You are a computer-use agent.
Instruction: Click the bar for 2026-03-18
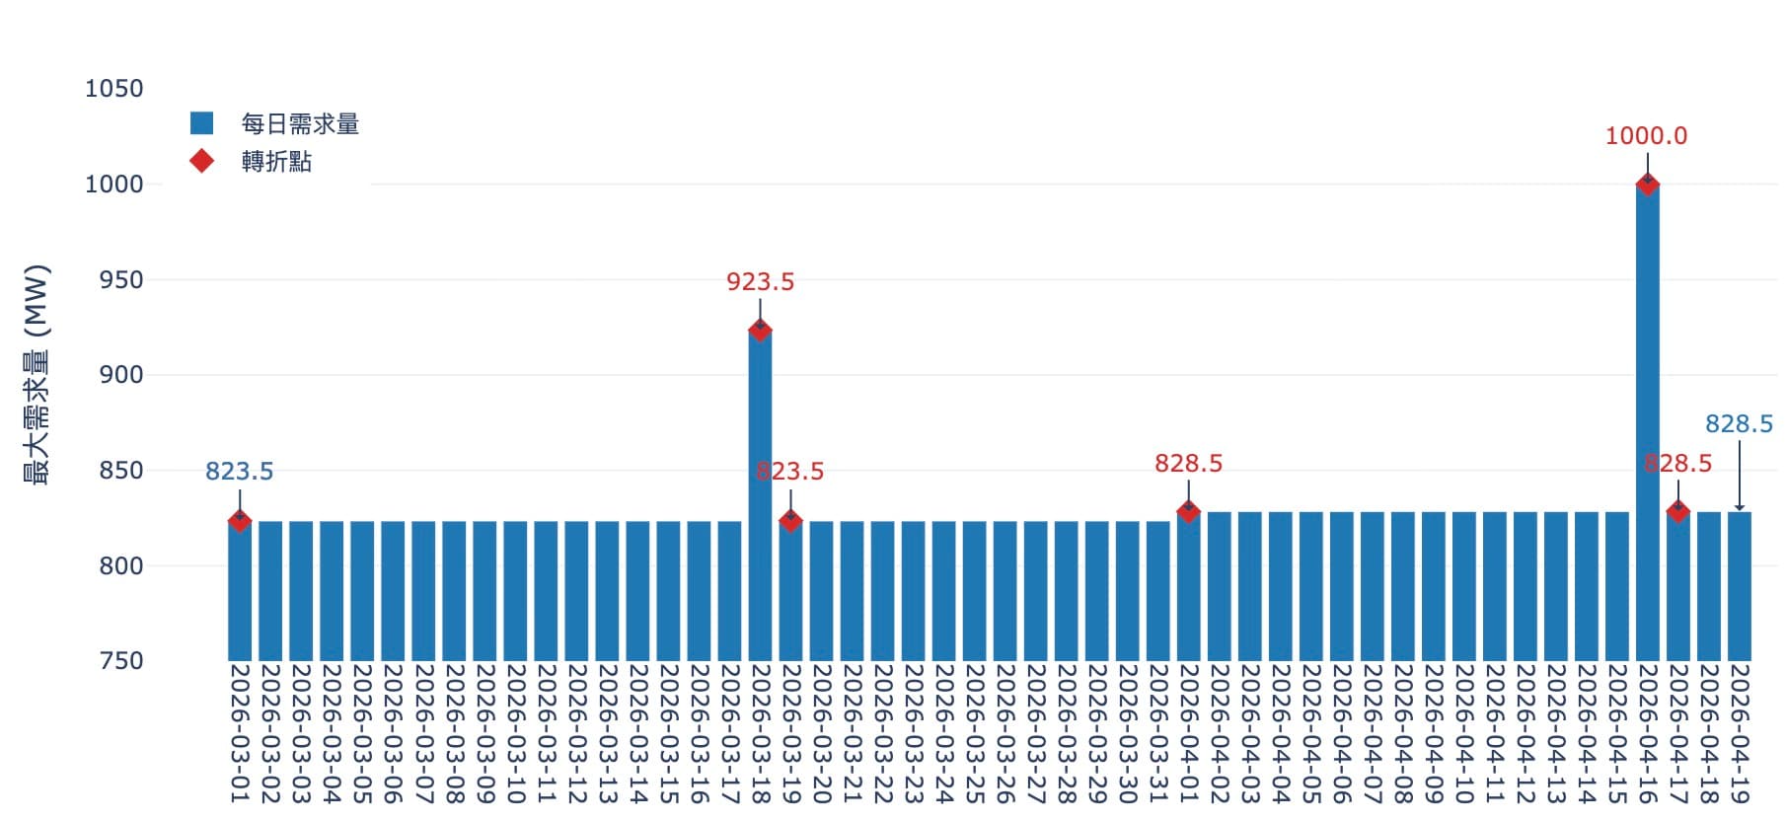coord(760,493)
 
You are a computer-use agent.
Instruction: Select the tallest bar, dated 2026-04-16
coord(1647,424)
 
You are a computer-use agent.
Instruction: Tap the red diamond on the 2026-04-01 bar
coord(1188,511)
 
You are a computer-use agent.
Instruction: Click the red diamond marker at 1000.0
coord(1647,184)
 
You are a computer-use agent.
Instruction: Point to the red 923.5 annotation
coord(760,282)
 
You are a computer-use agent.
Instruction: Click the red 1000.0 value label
coord(1646,136)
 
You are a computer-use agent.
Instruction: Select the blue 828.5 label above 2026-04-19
coord(1739,424)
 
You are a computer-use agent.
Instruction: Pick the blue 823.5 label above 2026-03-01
coord(239,472)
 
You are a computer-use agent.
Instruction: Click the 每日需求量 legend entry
coord(300,124)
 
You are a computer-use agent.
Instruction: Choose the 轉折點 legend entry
coord(276,162)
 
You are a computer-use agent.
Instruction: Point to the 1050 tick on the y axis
coord(114,89)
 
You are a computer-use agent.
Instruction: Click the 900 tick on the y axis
coord(121,375)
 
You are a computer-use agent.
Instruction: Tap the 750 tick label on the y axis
coord(121,661)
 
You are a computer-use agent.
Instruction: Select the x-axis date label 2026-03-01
coord(240,733)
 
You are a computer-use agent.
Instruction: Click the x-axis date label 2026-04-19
coord(1740,733)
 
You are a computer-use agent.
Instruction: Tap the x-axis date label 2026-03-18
coord(760,733)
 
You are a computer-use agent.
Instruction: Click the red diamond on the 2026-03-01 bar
coord(239,521)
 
